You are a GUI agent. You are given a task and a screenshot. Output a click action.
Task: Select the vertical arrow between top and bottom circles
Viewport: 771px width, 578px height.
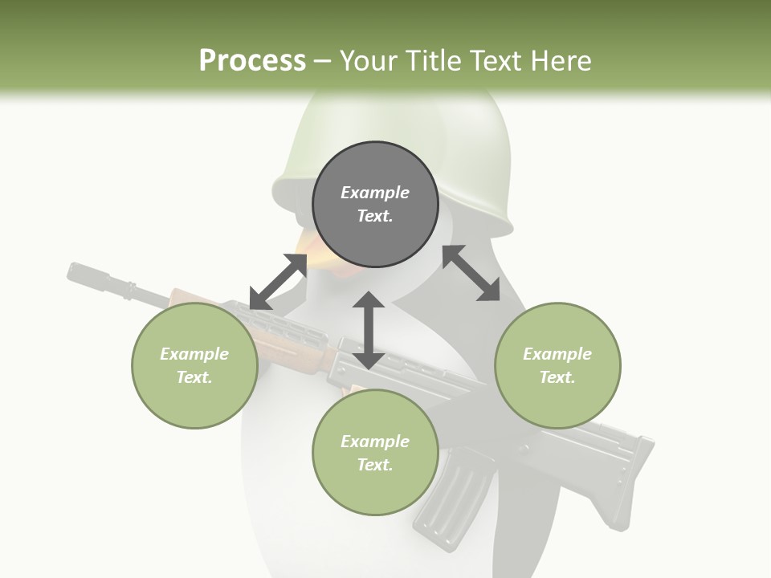coord(369,330)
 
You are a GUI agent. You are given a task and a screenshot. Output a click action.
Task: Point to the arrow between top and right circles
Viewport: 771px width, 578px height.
coord(471,273)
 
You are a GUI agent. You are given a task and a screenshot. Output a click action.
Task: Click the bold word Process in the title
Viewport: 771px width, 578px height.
coord(252,60)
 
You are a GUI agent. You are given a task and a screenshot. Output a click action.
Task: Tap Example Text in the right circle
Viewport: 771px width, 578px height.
coord(557,365)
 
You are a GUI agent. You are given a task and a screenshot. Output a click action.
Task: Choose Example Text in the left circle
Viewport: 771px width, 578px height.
coord(194,365)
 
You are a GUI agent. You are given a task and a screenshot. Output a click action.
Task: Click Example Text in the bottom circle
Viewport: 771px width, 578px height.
coord(375,453)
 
